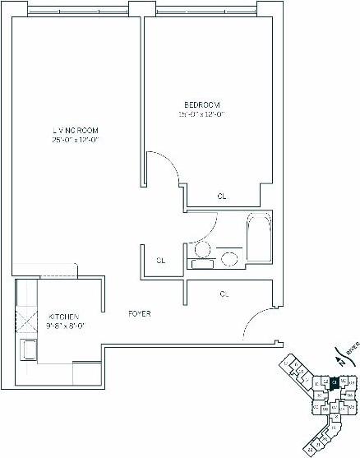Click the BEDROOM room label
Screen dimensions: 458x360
(x=202, y=104)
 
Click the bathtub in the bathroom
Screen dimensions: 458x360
(x=258, y=234)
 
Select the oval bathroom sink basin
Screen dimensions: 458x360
(x=231, y=259)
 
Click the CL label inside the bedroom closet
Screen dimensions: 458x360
(x=222, y=197)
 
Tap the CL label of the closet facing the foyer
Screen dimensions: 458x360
(x=161, y=261)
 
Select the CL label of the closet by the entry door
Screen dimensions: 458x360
(x=224, y=292)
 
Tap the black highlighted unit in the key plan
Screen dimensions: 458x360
(x=335, y=382)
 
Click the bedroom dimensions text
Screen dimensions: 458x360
(x=202, y=114)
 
